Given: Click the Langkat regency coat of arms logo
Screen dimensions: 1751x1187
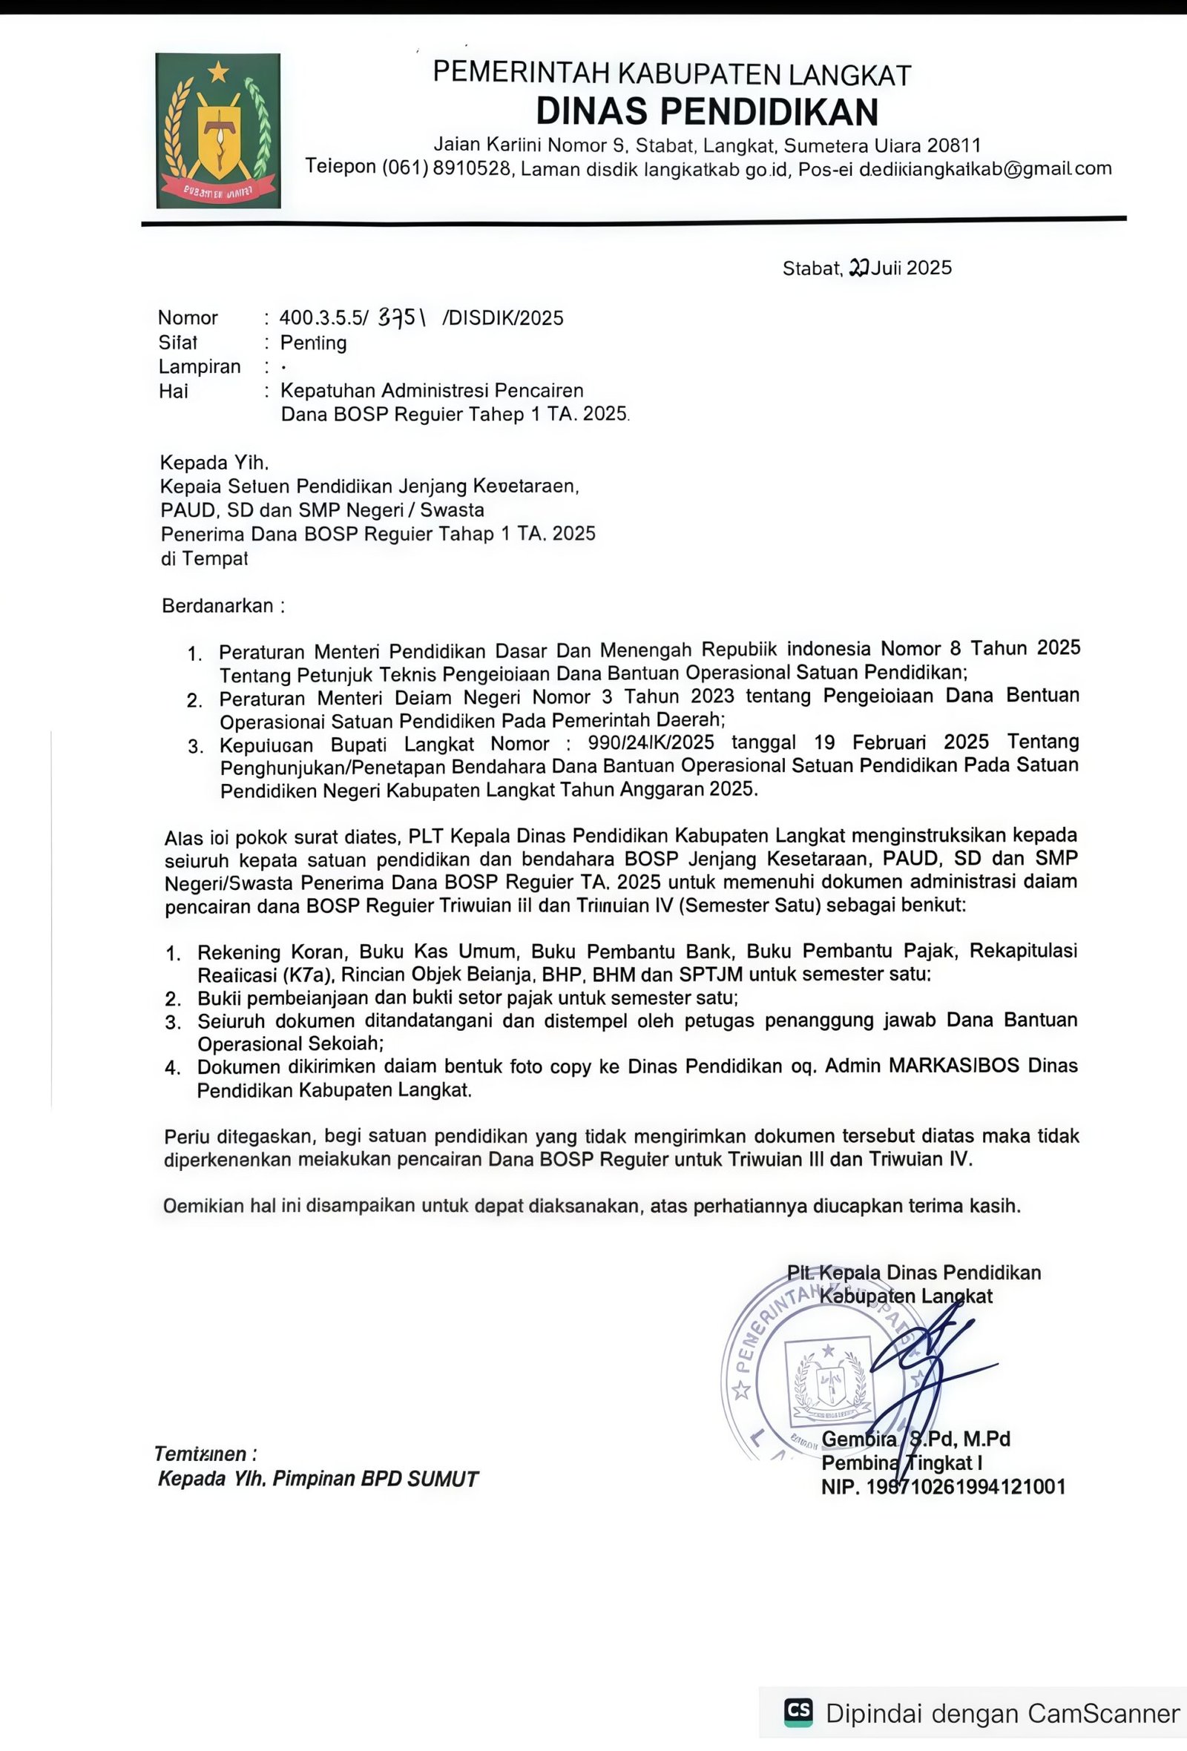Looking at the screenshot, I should coord(218,131).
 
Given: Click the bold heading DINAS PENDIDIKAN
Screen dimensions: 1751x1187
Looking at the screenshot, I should coord(706,111).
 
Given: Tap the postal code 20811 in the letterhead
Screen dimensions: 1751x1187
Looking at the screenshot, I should coord(954,145).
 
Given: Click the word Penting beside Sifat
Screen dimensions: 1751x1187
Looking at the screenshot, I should coord(314,343).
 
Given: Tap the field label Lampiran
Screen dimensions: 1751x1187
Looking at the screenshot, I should coord(200,367).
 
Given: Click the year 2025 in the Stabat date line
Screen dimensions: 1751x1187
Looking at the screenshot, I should coord(930,268).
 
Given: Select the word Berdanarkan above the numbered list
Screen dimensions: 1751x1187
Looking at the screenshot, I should coord(218,606).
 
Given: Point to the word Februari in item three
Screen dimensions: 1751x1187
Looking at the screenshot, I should coord(890,743).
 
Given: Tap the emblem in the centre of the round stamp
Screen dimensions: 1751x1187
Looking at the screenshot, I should coord(827,1380).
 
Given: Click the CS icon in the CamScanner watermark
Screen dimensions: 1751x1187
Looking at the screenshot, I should coord(798,1712).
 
